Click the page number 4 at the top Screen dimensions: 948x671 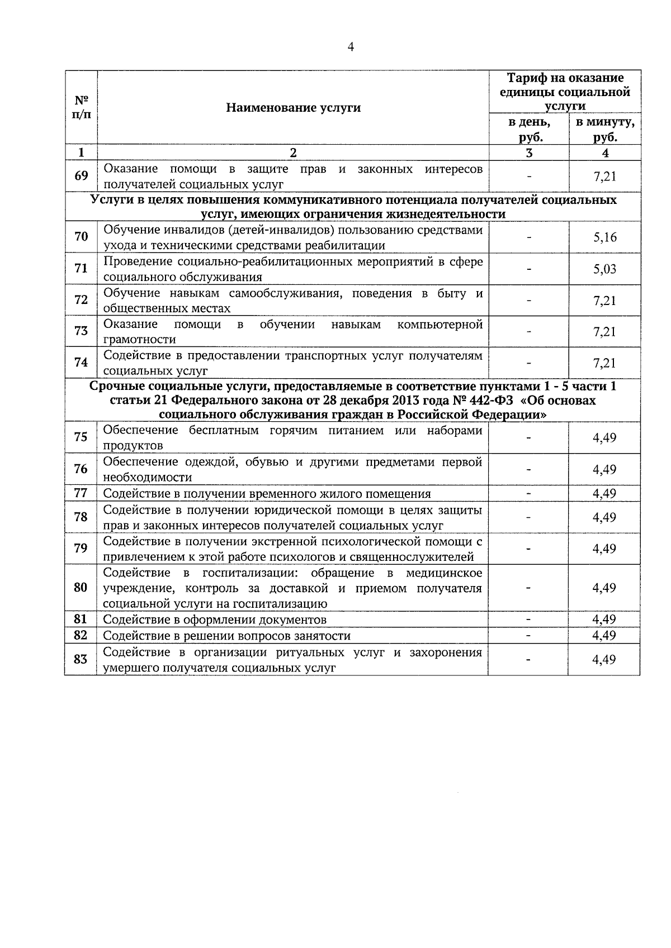coord(351,47)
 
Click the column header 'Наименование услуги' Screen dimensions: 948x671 coord(293,108)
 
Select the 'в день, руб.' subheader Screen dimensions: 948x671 coord(528,130)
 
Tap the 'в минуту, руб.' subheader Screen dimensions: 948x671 coord(605,130)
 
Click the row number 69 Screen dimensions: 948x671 coord(81,176)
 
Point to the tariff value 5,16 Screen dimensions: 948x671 coord(604,237)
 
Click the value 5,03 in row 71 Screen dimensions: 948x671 coord(604,269)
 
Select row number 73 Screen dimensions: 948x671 coord(81,331)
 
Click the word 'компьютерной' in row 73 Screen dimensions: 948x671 coord(440,325)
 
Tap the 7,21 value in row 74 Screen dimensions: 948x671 coord(604,363)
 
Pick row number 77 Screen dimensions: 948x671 coord(81,493)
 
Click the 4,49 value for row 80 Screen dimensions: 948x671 coord(604,588)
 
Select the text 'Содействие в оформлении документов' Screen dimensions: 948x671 coord(215,620)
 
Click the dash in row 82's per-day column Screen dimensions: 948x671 coord(528,636)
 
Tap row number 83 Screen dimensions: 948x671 coord(81,660)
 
